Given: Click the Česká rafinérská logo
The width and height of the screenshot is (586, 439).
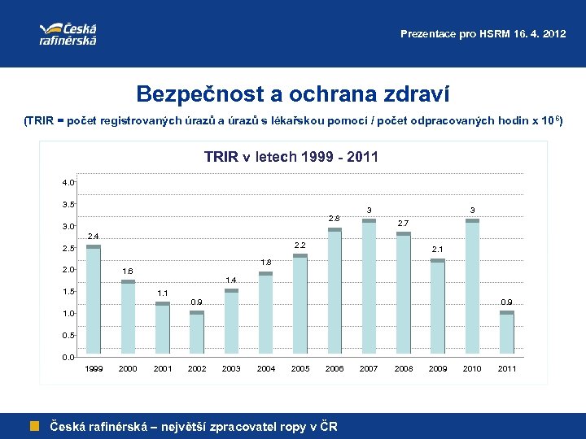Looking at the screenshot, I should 68,33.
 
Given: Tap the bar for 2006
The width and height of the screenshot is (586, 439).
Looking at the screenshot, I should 335,293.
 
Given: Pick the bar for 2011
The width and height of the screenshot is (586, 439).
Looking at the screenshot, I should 507,333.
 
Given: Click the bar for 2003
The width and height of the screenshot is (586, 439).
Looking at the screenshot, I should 231,322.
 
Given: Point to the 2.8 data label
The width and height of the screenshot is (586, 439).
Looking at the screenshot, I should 335,219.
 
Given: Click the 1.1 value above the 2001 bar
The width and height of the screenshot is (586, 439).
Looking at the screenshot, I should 162,293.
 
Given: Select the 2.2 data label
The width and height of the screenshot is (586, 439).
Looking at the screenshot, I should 300,246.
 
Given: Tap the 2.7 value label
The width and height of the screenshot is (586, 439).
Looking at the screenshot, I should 403,223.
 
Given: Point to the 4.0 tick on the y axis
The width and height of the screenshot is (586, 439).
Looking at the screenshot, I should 68,182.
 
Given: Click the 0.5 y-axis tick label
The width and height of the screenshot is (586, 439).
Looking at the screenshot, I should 68,335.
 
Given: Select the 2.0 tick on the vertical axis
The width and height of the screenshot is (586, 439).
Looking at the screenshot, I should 68,270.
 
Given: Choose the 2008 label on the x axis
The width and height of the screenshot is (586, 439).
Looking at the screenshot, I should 403,369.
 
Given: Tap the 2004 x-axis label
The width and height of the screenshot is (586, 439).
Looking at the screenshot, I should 265,369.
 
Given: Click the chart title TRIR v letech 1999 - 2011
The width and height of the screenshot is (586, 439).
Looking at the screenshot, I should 291,157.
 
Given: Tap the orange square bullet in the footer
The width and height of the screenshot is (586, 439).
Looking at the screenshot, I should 35,425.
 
